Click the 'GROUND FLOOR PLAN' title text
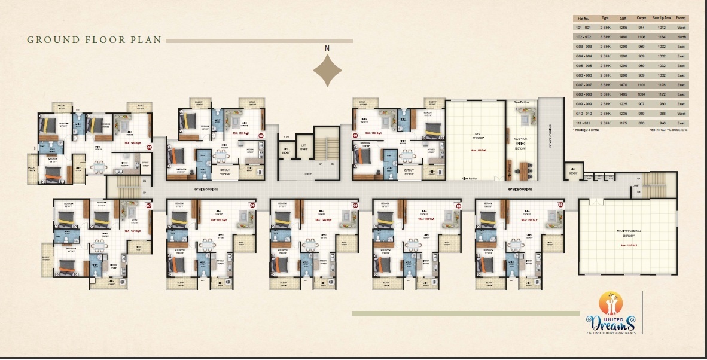click(95, 40)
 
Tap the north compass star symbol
click(327, 70)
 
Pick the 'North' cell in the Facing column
click(681, 36)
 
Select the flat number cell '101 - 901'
click(583, 28)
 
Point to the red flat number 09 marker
click(261, 135)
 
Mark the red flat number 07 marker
click(149, 206)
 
